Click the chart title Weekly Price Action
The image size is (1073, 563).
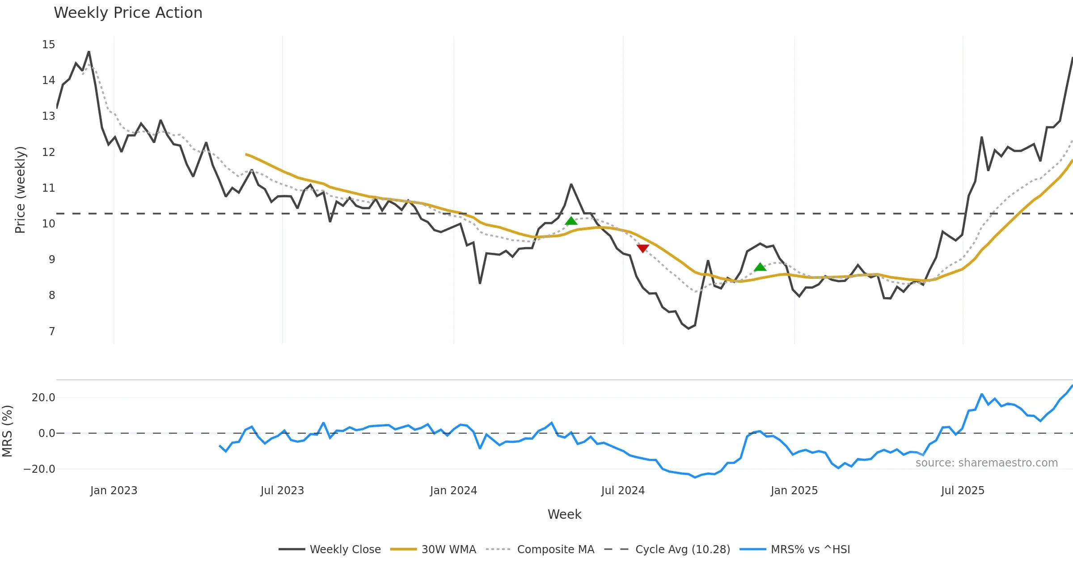point(128,13)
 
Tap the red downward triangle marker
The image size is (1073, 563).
point(642,248)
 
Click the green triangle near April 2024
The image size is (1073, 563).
point(571,221)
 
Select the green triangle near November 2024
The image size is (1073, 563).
point(760,267)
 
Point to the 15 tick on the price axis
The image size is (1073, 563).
point(49,45)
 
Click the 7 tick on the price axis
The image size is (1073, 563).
point(52,332)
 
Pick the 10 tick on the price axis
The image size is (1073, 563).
point(49,224)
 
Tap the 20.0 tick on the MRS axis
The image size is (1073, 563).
point(43,398)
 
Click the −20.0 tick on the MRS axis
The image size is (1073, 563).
point(40,469)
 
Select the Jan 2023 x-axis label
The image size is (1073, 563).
point(114,491)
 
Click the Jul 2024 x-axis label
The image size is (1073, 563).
point(623,491)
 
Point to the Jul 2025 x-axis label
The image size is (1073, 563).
point(963,491)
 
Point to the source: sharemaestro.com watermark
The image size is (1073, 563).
point(986,463)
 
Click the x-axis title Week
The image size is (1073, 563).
point(564,514)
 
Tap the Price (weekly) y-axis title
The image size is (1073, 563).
point(21,190)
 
